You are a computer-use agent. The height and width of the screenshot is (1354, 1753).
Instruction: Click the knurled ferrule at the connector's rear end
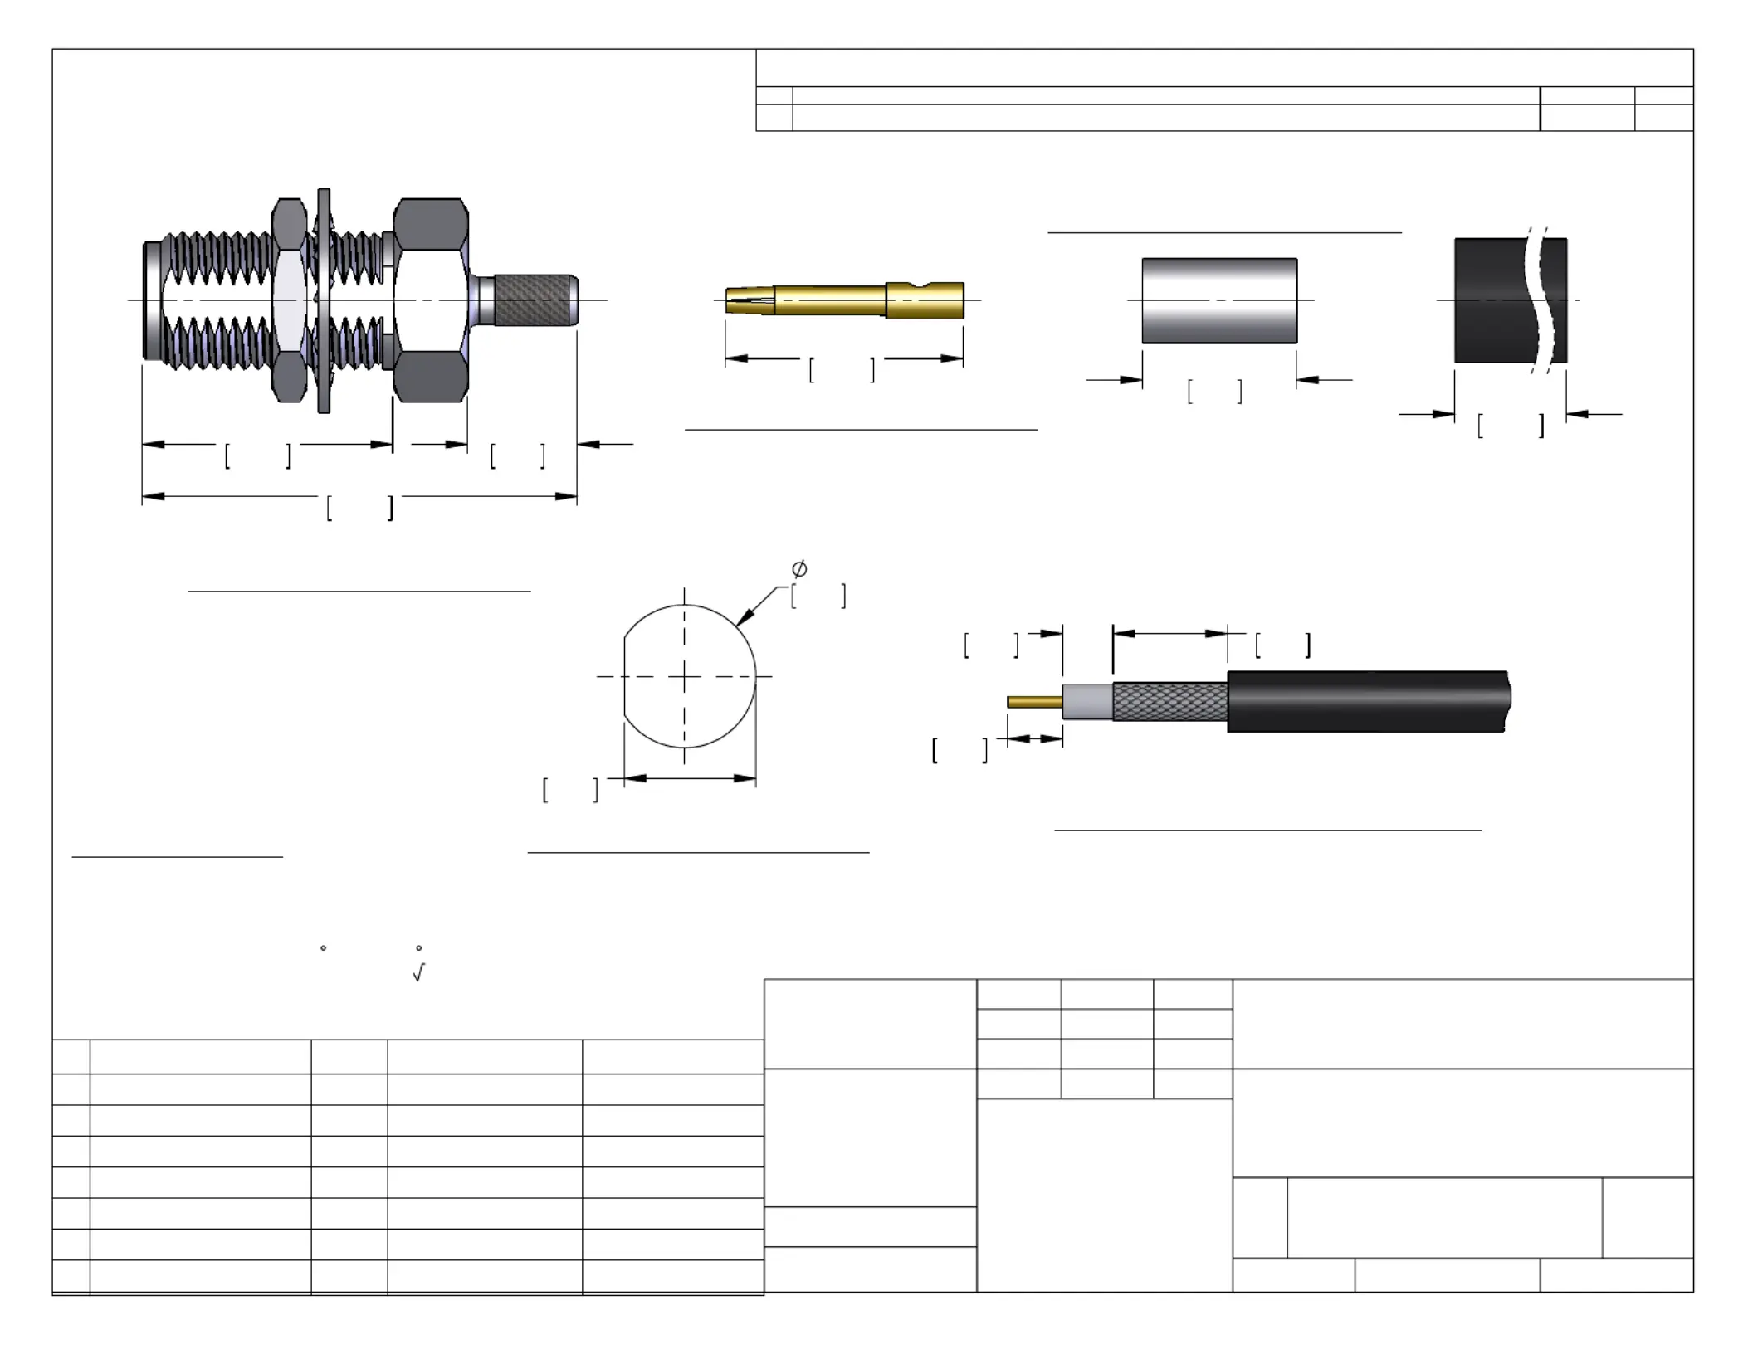point(535,300)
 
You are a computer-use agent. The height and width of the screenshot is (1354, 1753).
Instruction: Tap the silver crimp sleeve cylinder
point(1219,300)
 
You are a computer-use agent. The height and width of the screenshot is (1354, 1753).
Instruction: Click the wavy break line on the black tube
point(1536,300)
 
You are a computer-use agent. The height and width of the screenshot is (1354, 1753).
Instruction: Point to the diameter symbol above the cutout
point(799,569)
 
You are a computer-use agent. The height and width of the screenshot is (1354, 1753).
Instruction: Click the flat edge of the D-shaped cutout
point(624,676)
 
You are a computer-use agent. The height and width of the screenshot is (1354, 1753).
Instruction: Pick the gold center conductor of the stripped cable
point(1034,702)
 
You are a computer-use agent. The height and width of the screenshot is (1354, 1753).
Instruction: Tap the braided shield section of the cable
point(1169,702)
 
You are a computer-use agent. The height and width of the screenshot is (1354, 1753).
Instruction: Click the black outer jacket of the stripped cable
point(1365,701)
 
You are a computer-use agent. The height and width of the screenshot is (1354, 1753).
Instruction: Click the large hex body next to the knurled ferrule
point(430,300)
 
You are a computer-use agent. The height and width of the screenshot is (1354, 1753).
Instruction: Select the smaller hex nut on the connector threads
point(289,300)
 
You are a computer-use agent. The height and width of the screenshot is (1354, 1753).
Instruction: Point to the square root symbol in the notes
point(418,972)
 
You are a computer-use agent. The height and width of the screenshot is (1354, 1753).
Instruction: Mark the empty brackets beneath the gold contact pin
point(842,370)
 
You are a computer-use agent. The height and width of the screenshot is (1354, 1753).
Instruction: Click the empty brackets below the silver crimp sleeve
point(1214,392)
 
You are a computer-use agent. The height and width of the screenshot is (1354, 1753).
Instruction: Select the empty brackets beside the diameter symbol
point(818,596)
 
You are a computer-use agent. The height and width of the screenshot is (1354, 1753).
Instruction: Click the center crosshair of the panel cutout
point(684,677)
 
